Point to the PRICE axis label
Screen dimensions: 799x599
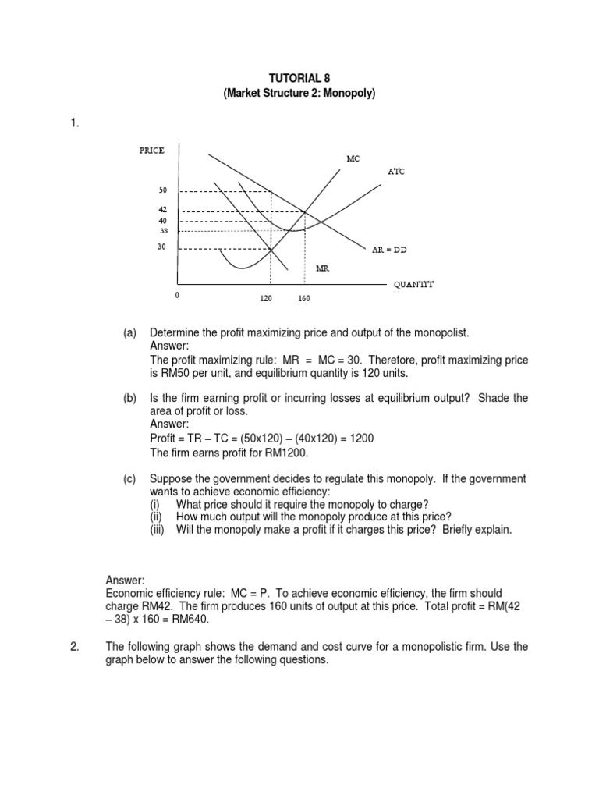[x=151, y=151]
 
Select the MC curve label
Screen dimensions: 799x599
[x=353, y=158]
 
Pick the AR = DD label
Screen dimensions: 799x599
[x=389, y=250]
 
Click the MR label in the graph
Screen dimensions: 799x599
[x=322, y=268]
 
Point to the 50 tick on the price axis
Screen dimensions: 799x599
[x=163, y=190]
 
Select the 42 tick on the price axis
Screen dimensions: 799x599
[x=163, y=210]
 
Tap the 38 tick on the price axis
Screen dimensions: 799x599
[x=163, y=231]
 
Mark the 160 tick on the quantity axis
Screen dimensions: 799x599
[x=303, y=298]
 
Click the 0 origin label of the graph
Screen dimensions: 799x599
[x=176, y=296]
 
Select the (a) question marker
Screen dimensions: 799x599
[x=129, y=333]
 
